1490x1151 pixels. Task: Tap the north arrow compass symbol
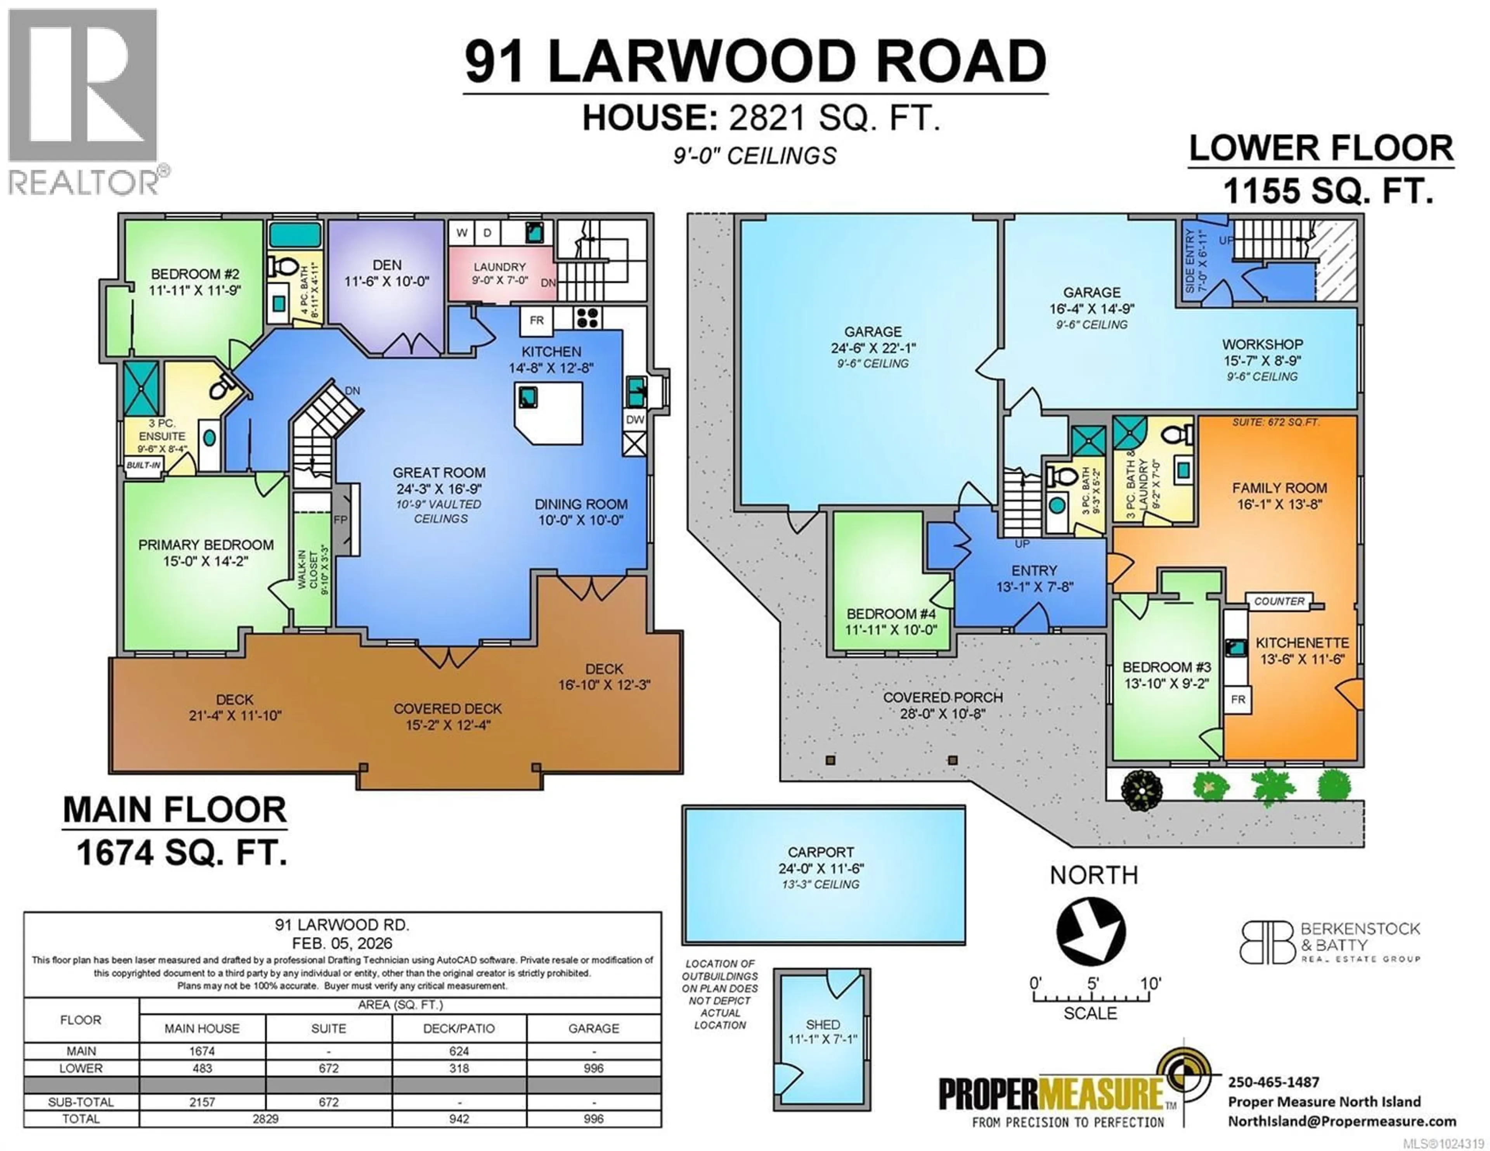click(1090, 931)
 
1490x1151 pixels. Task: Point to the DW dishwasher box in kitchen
click(634, 420)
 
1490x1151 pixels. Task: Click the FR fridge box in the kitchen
click(536, 320)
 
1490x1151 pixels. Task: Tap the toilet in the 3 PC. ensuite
click(219, 389)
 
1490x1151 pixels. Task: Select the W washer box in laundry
click(462, 233)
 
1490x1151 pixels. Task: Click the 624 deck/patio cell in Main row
click(459, 1051)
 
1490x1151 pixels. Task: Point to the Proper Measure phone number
click(1273, 1082)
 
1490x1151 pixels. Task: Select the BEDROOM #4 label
click(891, 613)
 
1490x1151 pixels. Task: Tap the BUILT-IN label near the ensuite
click(143, 465)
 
